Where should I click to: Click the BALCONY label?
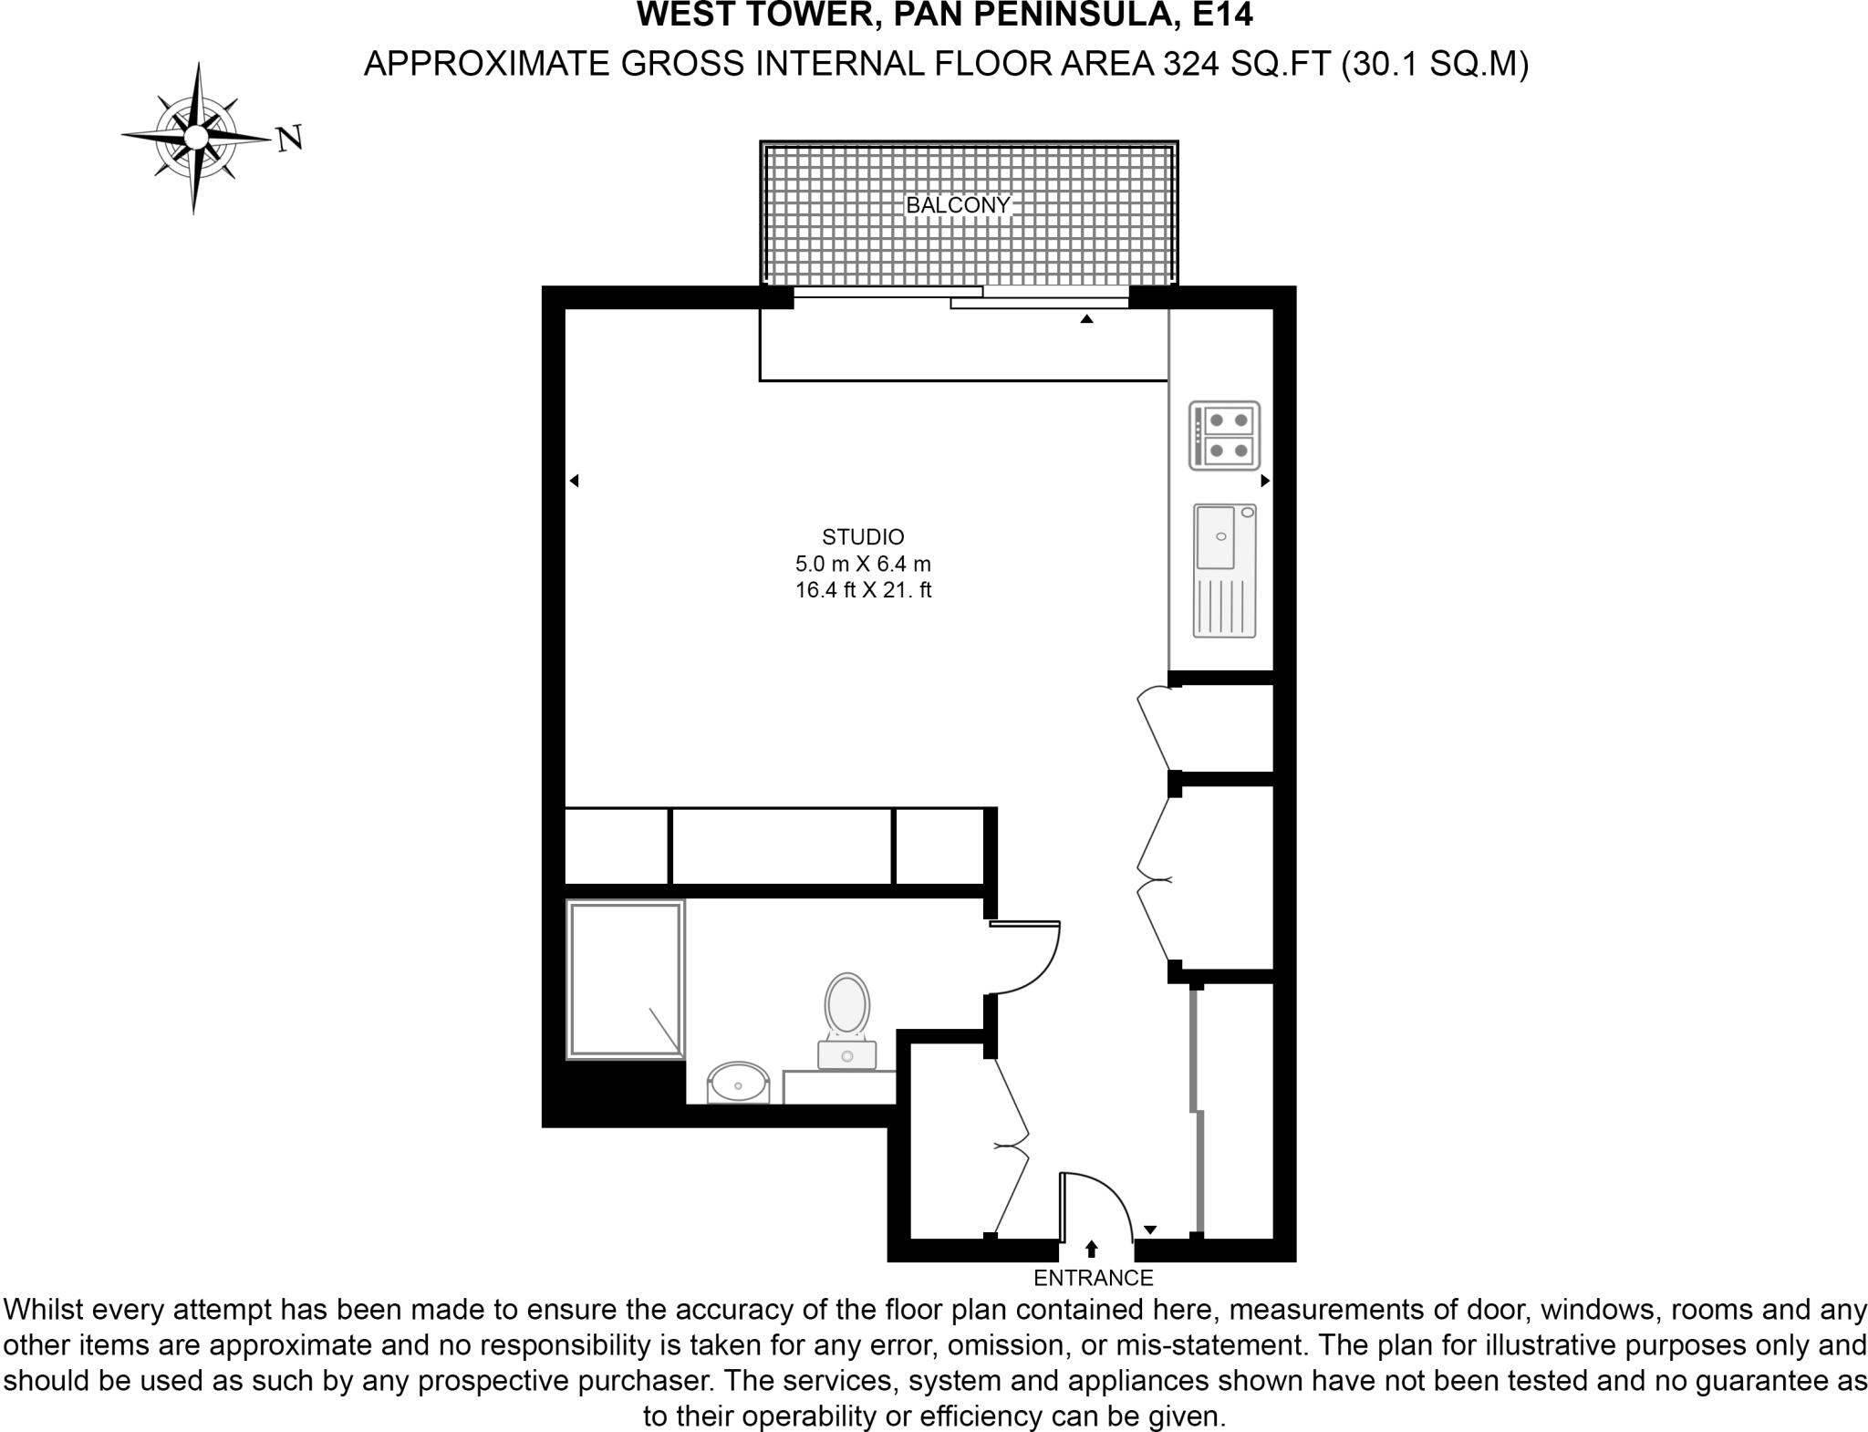coord(957,205)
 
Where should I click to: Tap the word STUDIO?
coord(863,537)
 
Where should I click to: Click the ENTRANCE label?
coord(1093,1278)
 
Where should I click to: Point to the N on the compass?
coord(289,139)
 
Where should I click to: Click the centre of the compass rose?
coord(195,137)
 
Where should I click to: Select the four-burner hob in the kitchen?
coord(1224,436)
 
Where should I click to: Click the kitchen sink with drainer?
coord(1224,570)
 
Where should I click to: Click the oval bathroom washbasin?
coord(738,1084)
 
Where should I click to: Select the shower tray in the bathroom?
coord(625,980)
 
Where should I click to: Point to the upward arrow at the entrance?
coord(1091,1249)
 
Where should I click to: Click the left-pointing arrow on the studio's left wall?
coord(574,481)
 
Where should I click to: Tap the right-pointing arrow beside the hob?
coord(1265,481)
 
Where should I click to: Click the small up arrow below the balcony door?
coord(1086,319)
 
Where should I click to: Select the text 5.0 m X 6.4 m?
coord(863,564)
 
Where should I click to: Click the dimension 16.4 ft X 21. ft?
coord(863,590)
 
